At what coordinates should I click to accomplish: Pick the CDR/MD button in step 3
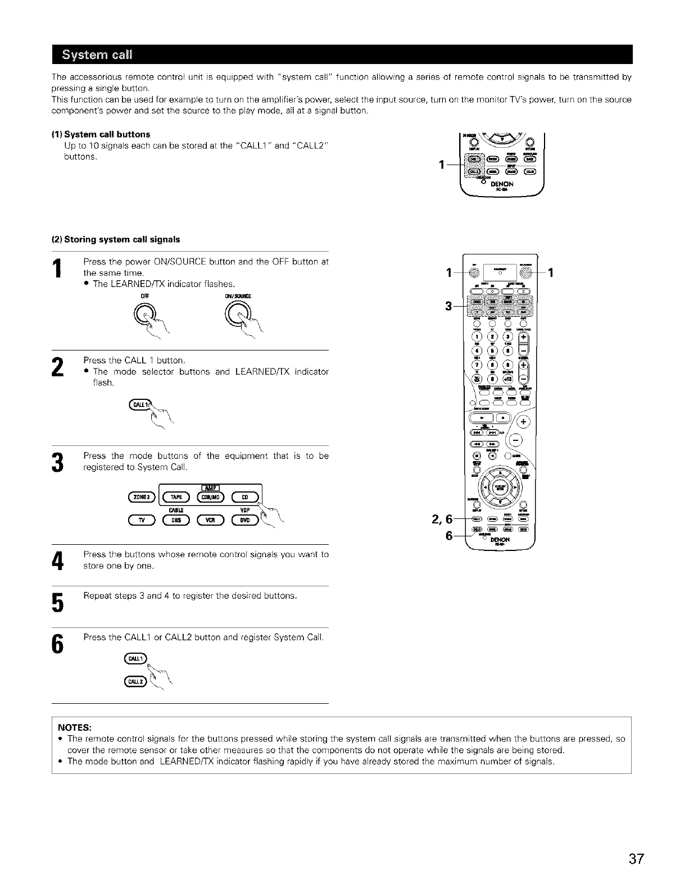[210, 496]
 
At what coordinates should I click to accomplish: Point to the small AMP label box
[210, 486]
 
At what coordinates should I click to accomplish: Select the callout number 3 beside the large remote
[448, 306]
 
